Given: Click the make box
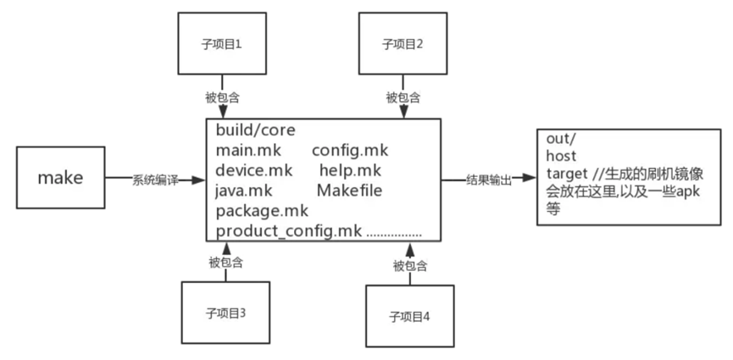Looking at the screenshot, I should coord(60,179).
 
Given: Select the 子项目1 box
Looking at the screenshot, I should coord(221,43).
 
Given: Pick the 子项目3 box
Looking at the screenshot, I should coord(225,313).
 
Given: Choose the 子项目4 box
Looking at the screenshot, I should coord(409,316).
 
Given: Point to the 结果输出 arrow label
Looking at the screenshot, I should coord(489,180).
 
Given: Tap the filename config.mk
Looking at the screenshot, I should coord(349,151).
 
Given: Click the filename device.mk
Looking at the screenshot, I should coord(253,171).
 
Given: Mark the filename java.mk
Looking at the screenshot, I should coord(244,191).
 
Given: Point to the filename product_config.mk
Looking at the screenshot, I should coord(289,232).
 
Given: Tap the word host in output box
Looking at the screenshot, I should coord(561,156).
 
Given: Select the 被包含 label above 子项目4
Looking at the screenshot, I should coord(409,267).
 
